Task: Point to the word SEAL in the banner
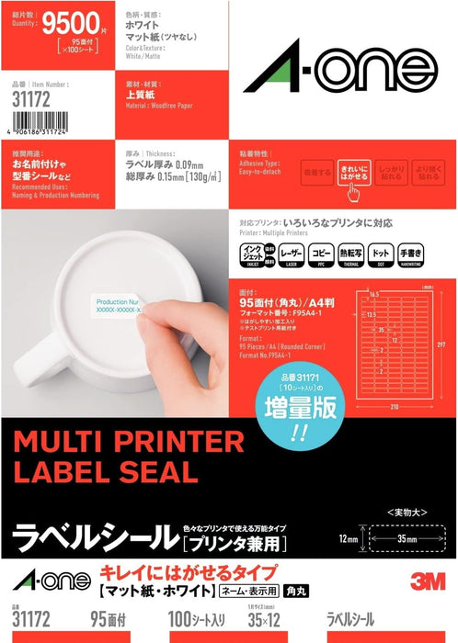(163, 472)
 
